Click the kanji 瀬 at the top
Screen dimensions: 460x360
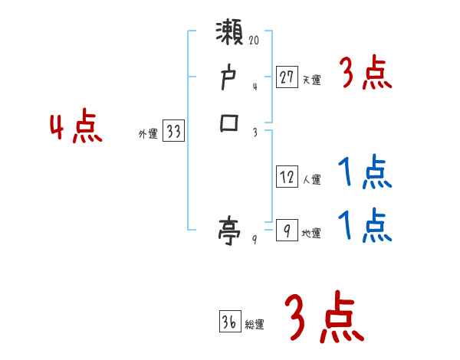(x=231, y=34)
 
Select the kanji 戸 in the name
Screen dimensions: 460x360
(x=230, y=79)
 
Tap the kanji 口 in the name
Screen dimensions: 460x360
(x=230, y=123)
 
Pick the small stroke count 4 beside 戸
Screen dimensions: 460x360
(x=255, y=87)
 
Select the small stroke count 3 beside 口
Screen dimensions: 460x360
(x=255, y=132)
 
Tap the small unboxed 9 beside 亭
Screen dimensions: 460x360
(x=255, y=240)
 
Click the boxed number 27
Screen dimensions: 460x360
(x=287, y=77)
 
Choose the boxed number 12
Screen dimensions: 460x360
(x=287, y=177)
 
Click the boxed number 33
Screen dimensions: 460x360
(x=174, y=132)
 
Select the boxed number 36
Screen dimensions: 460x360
(x=229, y=322)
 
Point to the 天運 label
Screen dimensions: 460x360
(x=312, y=80)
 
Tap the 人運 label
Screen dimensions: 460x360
(x=312, y=180)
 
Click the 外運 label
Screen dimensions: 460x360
(x=148, y=134)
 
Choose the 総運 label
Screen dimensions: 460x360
(x=255, y=325)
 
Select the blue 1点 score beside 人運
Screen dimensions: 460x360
(x=364, y=173)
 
